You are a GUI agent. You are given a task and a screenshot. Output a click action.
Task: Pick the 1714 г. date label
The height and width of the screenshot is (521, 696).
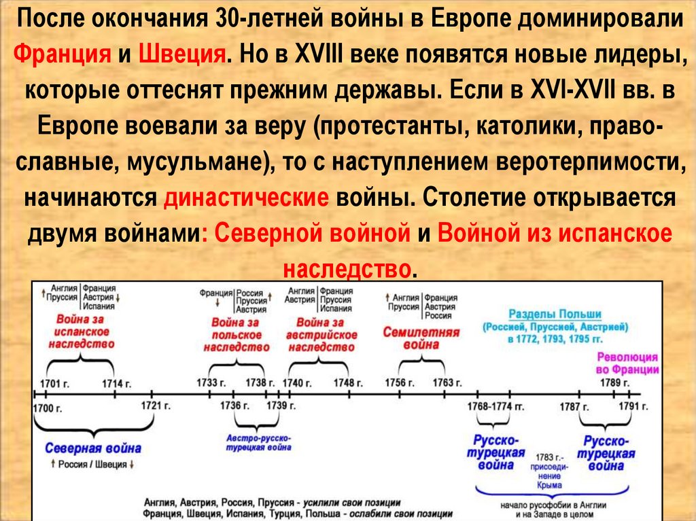(116, 384)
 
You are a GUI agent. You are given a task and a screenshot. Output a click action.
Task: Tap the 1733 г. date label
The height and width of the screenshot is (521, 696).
(211, 382)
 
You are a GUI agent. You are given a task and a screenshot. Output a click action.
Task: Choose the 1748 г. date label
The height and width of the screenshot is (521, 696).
(348, 382)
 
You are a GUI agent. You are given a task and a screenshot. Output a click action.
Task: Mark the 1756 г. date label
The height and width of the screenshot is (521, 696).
(400, 382)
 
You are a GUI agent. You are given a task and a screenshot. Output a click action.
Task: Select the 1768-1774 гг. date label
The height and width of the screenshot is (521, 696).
(495, 406)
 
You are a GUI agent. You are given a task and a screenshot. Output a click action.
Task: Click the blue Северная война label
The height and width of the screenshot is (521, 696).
(93, 448)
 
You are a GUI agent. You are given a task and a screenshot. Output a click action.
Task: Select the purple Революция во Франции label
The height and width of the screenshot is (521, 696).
(627, 363)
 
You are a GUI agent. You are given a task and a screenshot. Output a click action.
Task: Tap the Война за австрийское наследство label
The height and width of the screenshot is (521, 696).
(321, 334)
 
